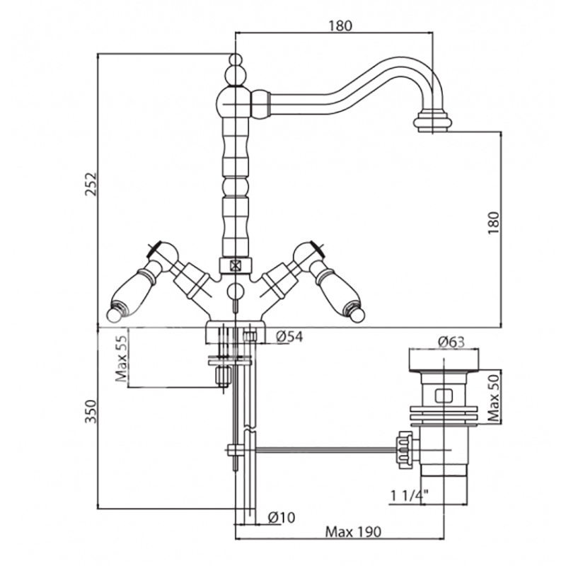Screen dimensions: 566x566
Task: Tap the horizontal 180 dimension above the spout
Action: click(x=340, y=26)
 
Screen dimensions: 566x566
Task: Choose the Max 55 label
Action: click(x=120, y=359)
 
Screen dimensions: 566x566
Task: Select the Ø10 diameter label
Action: click(x=282, y=517)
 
